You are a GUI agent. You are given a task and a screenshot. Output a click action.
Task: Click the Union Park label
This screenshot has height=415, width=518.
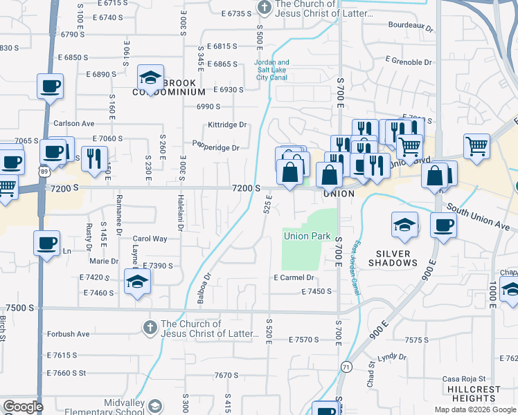tap(307, 236)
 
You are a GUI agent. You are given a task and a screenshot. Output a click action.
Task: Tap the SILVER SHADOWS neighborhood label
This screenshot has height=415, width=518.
tap(393, 258)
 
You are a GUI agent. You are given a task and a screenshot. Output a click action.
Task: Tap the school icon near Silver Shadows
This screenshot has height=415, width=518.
tap(405, 224)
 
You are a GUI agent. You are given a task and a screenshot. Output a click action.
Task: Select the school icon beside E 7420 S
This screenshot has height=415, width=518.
tap(138, 281)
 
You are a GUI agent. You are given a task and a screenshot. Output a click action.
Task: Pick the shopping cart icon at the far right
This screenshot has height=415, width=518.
tap(476, 146)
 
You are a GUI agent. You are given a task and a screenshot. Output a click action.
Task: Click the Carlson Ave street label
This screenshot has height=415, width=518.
tap(73, 124)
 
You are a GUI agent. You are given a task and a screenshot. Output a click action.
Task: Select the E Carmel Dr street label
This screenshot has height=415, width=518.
tap(294, 277)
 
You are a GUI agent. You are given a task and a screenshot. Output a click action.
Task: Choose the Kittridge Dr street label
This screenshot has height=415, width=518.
tap(227, 125)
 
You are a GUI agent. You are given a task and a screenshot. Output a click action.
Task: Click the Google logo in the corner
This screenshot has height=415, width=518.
tap(23, 407)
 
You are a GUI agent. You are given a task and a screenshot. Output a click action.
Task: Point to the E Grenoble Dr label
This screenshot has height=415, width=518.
tap(409, 62)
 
